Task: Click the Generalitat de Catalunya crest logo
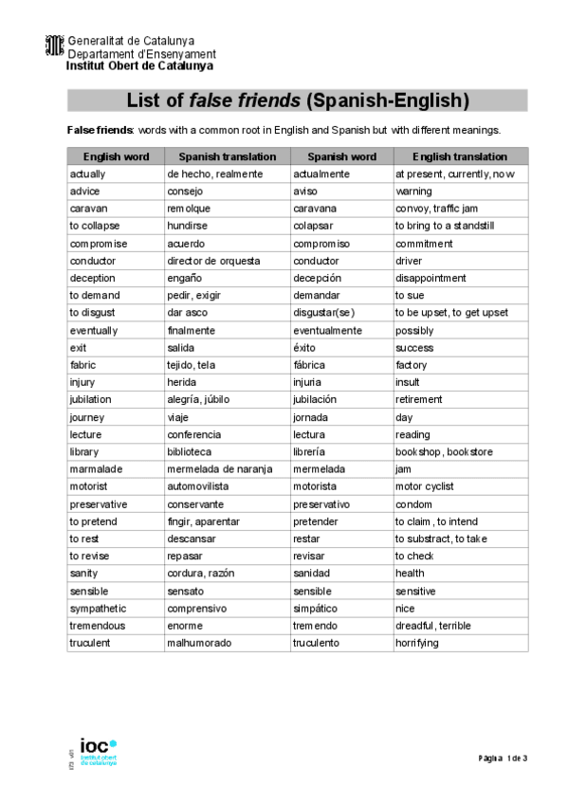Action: click(x=55, y=46)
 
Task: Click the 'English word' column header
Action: click(x=116, y=156)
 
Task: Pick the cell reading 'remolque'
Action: click(x=189, y=209)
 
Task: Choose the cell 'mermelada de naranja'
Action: click(x=213, y=469)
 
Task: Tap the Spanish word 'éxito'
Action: click(x=307, y=348)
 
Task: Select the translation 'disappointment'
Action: click(x=431, y=279)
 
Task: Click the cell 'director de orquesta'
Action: click(x=213, y=261)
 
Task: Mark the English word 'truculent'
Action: click(x=90, y=643)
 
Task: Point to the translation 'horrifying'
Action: click(x=417, y=643)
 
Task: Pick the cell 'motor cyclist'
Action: click(x=425, y=486)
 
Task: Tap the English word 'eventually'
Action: click(x=94, y=331)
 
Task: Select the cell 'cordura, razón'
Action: click(x=199, y=574)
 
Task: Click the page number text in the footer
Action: click(x=503, y=758)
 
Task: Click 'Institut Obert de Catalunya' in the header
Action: click(x=139, y=66)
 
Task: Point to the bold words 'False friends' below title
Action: click(x=99, y=130)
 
